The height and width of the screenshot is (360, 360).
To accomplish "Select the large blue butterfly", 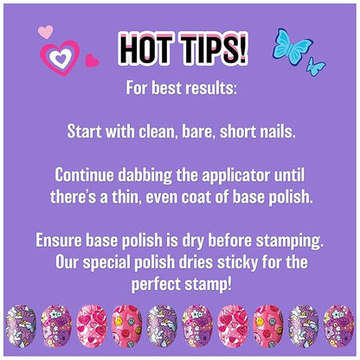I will click(291, 44).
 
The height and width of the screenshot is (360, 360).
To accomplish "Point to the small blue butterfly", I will click(317, 67).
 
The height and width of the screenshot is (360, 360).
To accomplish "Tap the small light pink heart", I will click(46, 33).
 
